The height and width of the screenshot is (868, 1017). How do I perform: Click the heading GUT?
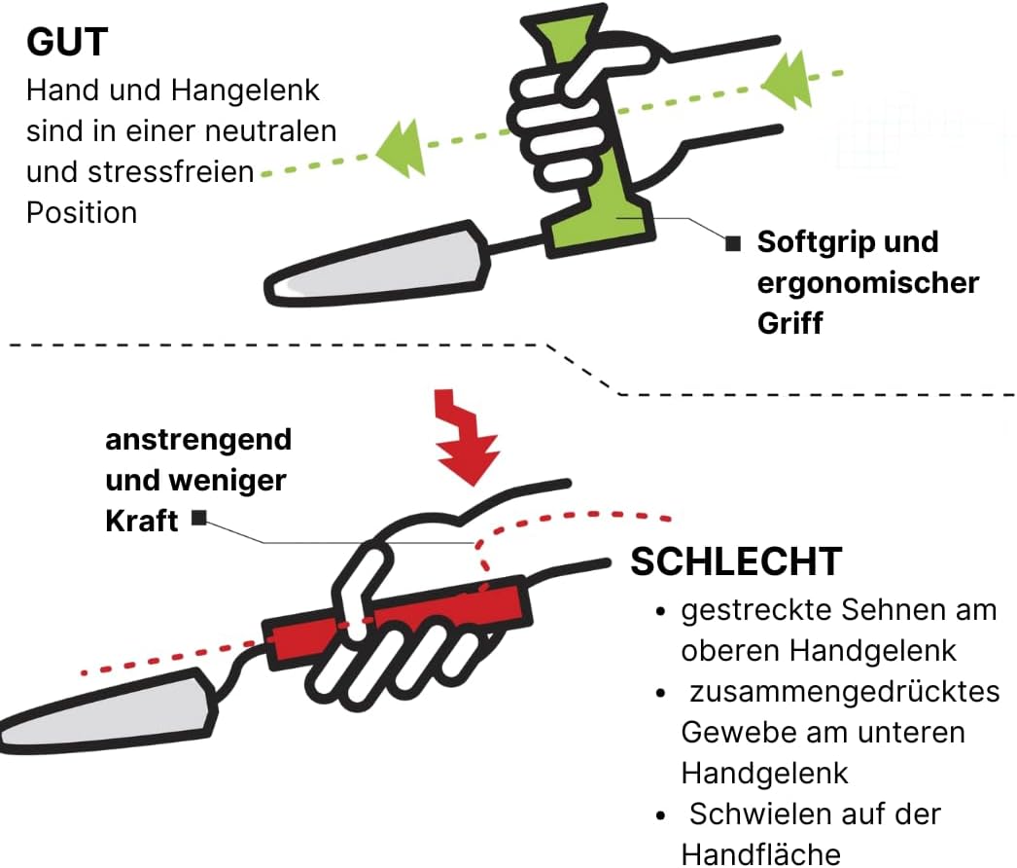pyautogui.click(x=67, y=43)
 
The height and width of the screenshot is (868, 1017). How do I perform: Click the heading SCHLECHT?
pyautogui.click(x=736, y=561)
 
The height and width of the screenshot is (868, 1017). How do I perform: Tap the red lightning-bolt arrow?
pyautogui.click(x=465, y=437)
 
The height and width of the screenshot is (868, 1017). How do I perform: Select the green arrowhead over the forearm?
pyautogui.click(x=787, y=81)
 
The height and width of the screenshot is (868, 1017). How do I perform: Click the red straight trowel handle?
pyautogui.click(x=397, y=619)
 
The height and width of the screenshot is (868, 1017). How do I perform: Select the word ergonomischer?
pyautogui.click(x=868, y=283)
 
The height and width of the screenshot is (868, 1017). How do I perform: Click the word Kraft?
pyautogui.click(x=141, y=521)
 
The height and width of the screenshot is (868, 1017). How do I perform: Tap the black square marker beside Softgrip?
pyautogui.click(x=733, y=243)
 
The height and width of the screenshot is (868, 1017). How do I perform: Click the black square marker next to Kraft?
pyautogui.click(x=199, y=518)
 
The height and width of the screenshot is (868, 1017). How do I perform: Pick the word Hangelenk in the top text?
pyautogui.click(x=245, y=90)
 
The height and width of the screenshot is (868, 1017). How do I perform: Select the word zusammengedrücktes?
pyautogui.click(x=845, y=692)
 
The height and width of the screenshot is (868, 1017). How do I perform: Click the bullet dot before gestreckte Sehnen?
pyautogui.click(x=660, y=611)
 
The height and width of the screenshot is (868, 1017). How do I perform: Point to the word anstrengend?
pyautogui.click(x=198, y=440)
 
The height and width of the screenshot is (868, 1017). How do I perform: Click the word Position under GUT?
pyautogui.click(x=82, y=213)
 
